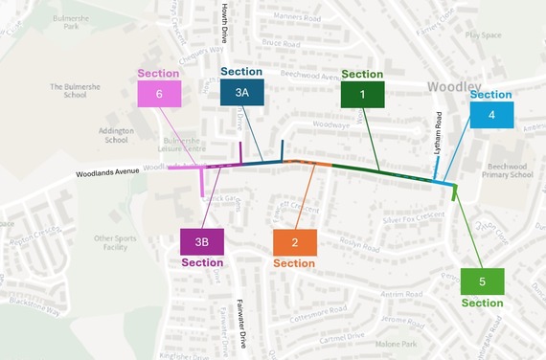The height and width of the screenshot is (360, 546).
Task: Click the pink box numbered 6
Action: [x=158, y=94]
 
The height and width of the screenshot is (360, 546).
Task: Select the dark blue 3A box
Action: [x=242, y=93]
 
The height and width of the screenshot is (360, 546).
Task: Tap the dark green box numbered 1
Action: [x=362, y=94]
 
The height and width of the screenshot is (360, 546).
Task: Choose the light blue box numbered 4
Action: [x=490, y=115]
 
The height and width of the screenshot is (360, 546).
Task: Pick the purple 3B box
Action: [x=202, y=242]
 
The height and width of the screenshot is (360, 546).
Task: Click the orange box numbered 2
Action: [x=294, y=242]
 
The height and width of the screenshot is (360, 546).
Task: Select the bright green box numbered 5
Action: [x=482, y=281]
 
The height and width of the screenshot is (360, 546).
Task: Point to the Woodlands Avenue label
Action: [x=108, y=172]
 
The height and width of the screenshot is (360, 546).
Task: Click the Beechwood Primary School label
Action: [x=510, y=169]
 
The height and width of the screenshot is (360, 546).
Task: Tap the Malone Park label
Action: [x=396, y=344]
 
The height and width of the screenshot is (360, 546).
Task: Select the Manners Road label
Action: [x=281, y=16]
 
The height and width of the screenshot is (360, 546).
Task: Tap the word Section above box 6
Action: [x=158, y=73]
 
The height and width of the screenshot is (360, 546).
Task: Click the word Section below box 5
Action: [x=482, y=303]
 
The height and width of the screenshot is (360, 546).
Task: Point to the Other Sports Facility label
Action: [x=116, y=242]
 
